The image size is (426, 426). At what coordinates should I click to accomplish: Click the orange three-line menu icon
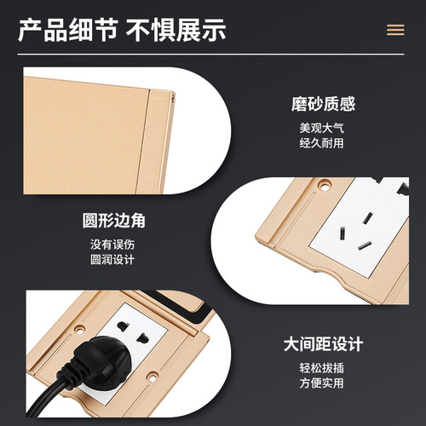[395, 30]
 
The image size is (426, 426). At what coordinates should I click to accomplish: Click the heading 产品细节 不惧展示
[122, 30]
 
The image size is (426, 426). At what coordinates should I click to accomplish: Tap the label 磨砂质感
[323, 104]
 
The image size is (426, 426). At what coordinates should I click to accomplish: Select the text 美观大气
[321, 128]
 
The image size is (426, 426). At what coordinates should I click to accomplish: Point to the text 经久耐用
[321, 143]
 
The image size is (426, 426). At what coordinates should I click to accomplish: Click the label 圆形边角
[113, 221]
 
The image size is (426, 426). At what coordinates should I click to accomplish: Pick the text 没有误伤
[112, 245]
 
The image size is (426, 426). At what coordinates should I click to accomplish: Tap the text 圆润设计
[112, 260]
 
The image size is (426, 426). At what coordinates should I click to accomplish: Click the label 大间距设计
[324, 344]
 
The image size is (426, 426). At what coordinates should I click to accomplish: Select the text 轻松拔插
[321, 368]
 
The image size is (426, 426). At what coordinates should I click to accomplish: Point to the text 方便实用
[321, 383]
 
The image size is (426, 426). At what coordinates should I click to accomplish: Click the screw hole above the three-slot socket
[325, 187]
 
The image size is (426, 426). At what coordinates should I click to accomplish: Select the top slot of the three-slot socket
[369, 218]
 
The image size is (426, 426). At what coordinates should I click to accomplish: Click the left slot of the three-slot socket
[343, 233]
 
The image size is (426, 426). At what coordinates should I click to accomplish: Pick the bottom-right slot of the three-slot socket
[365, 245]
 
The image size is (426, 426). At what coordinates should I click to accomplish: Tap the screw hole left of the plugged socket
[79, 330]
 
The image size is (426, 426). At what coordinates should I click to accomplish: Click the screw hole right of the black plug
[153, 378]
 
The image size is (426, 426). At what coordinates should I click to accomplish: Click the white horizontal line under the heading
[211, 55]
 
